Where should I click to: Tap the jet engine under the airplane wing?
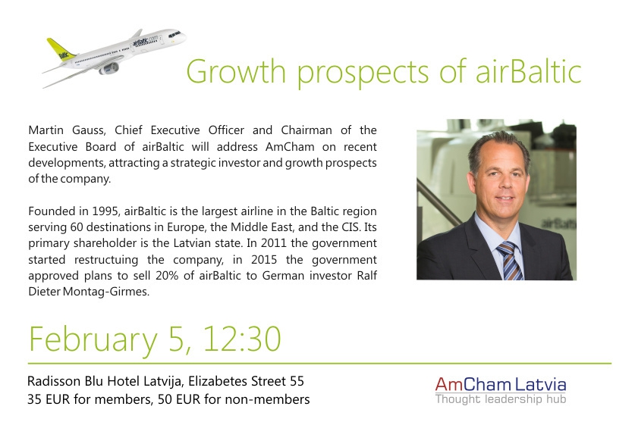coord(109,69)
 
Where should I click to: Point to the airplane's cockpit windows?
coord(174,34)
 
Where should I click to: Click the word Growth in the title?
coord(236,71)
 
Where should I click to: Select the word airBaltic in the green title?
coord(529,71)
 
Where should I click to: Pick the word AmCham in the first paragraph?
coord(290,146)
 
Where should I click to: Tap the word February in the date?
coord(93,339)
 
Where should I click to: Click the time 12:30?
coord(242,339)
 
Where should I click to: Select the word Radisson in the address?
coord(53,381)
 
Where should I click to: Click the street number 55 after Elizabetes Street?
coord(297,381)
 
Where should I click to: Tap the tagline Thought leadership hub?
coord(501,399)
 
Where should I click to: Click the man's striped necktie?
coord(510,261)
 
